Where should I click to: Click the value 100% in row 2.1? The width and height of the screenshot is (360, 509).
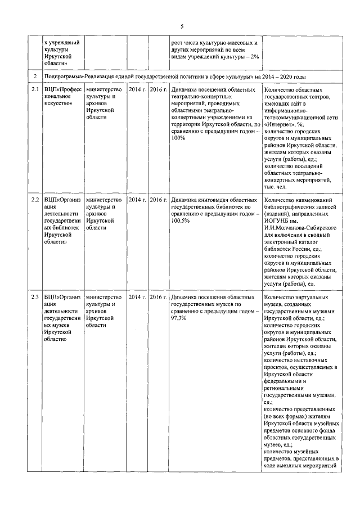(x=179, y=138)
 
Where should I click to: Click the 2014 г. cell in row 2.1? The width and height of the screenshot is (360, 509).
(x=137, y=89)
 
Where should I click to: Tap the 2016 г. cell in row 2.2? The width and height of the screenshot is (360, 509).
(x=159, y=200)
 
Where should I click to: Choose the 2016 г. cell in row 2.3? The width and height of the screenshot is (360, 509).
(x=159, y=296)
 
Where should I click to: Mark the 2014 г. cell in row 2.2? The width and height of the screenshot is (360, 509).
(x=137, y=200)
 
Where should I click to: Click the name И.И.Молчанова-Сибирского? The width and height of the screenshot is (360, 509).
(x=300, y=228)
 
